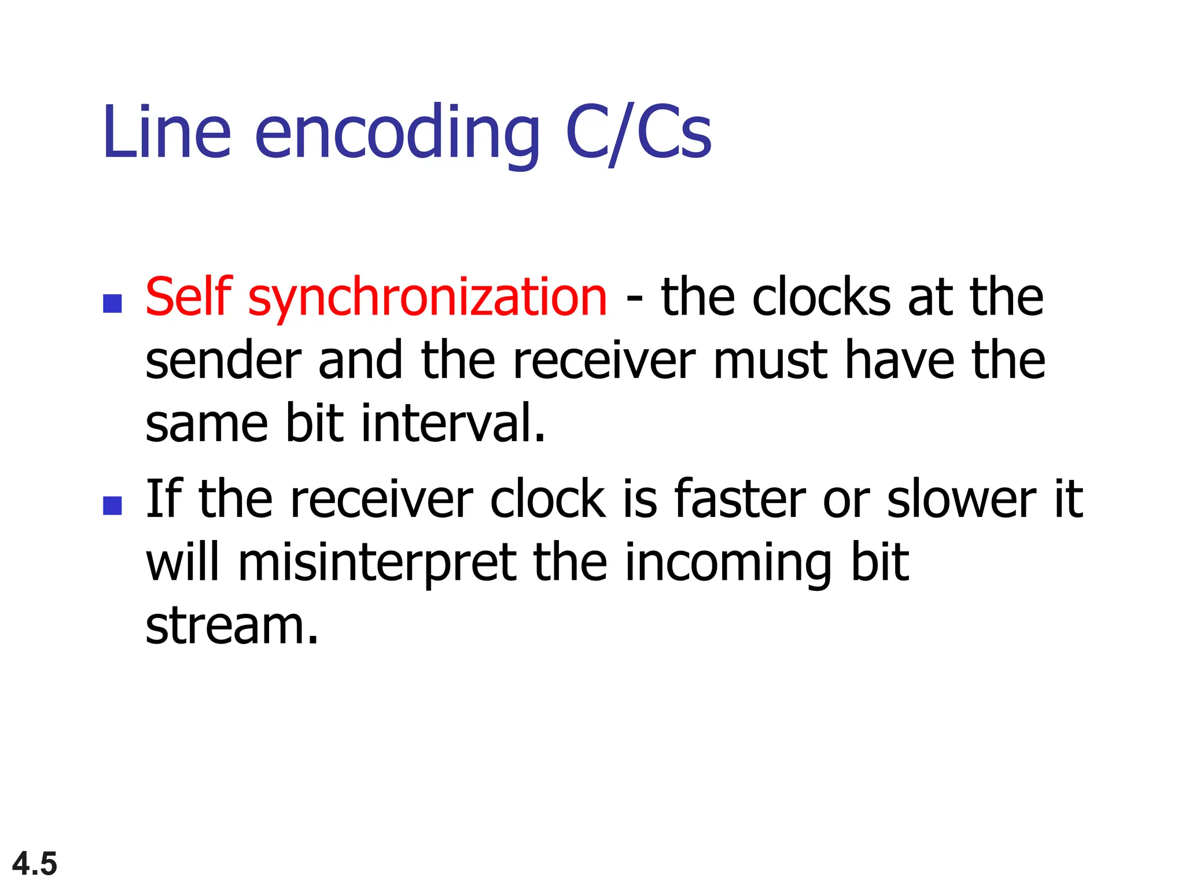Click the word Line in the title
[x=167, y=132]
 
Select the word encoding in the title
[x=397, y=134]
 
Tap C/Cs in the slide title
[x=638, y=132]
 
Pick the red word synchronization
[x=428, y=299]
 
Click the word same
[x=207, y=424]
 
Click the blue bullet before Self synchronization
[x=112, y=304]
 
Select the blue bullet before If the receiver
[x=112, y=505]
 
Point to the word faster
[x=740, y=498]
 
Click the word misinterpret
[x=377, y=564]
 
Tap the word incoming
[x=728, y=564]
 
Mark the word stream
[x=231, y=626]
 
